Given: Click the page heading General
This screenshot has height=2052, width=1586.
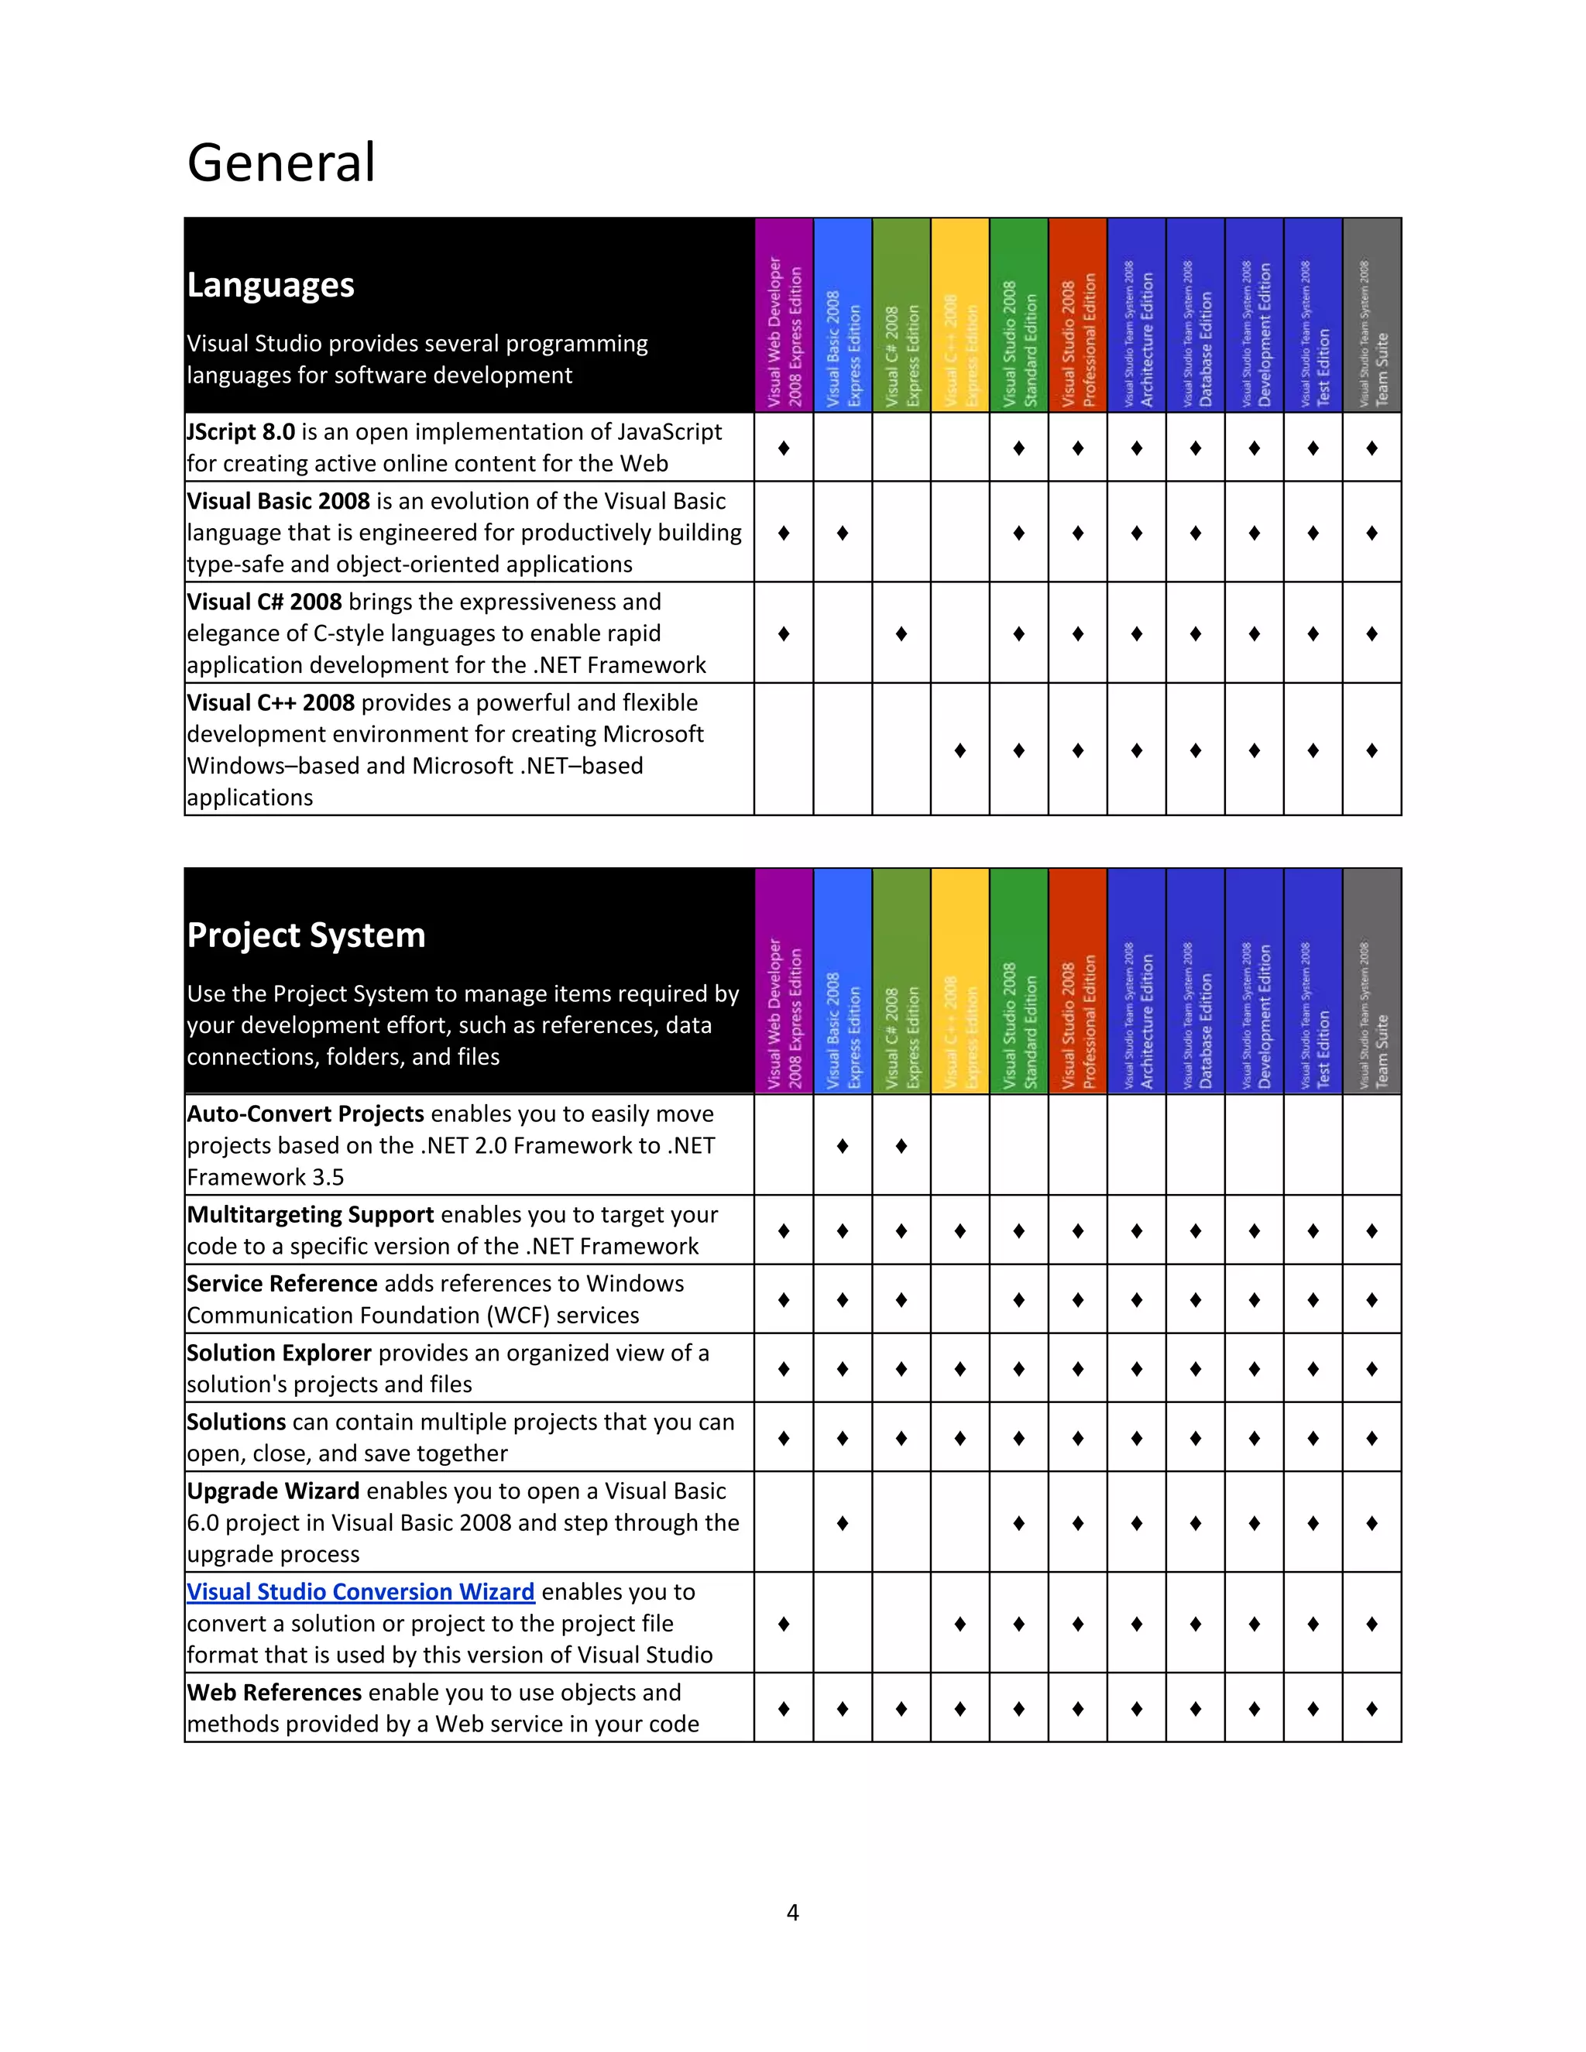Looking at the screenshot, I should pos(281,163).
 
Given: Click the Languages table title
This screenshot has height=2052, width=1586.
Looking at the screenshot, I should pos(270,285).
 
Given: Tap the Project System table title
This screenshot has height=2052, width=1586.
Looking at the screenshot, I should pos(307,935).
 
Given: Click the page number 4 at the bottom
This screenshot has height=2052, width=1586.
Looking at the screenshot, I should pos(792,1913).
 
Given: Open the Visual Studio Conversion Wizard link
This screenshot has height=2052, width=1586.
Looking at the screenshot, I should pos(360,1591).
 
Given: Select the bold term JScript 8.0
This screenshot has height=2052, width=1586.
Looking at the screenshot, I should pos(241,432).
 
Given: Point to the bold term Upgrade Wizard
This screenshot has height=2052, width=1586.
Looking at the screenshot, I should pos(273,1491).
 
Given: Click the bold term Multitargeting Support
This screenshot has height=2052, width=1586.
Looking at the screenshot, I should pos(310,1215).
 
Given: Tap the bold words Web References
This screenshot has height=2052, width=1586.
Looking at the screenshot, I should pos(274,1692).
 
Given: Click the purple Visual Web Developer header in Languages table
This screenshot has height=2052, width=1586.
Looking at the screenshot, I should pos(784,316).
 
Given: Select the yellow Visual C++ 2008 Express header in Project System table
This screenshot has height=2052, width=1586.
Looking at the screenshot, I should pos(959,982).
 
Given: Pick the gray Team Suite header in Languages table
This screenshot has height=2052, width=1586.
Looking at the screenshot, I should pos(1371,316).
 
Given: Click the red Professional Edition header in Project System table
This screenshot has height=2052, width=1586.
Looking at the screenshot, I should pos(1078,982).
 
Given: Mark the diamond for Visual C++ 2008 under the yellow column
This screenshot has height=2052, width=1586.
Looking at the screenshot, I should pos(959,750).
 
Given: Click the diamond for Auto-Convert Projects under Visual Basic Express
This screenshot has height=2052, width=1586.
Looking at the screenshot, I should pos(843,1145).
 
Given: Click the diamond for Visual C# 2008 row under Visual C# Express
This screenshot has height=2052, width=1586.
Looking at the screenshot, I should pos(901,633).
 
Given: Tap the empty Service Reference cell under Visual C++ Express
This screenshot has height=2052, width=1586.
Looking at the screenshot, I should pos(959,1299).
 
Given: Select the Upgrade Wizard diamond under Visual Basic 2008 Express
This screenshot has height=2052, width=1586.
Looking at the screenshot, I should pos(843,1522).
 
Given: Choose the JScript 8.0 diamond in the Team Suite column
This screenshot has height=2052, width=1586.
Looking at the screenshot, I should pos(1371,448).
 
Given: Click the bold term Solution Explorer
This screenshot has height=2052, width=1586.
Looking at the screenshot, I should pos(279,1353).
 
